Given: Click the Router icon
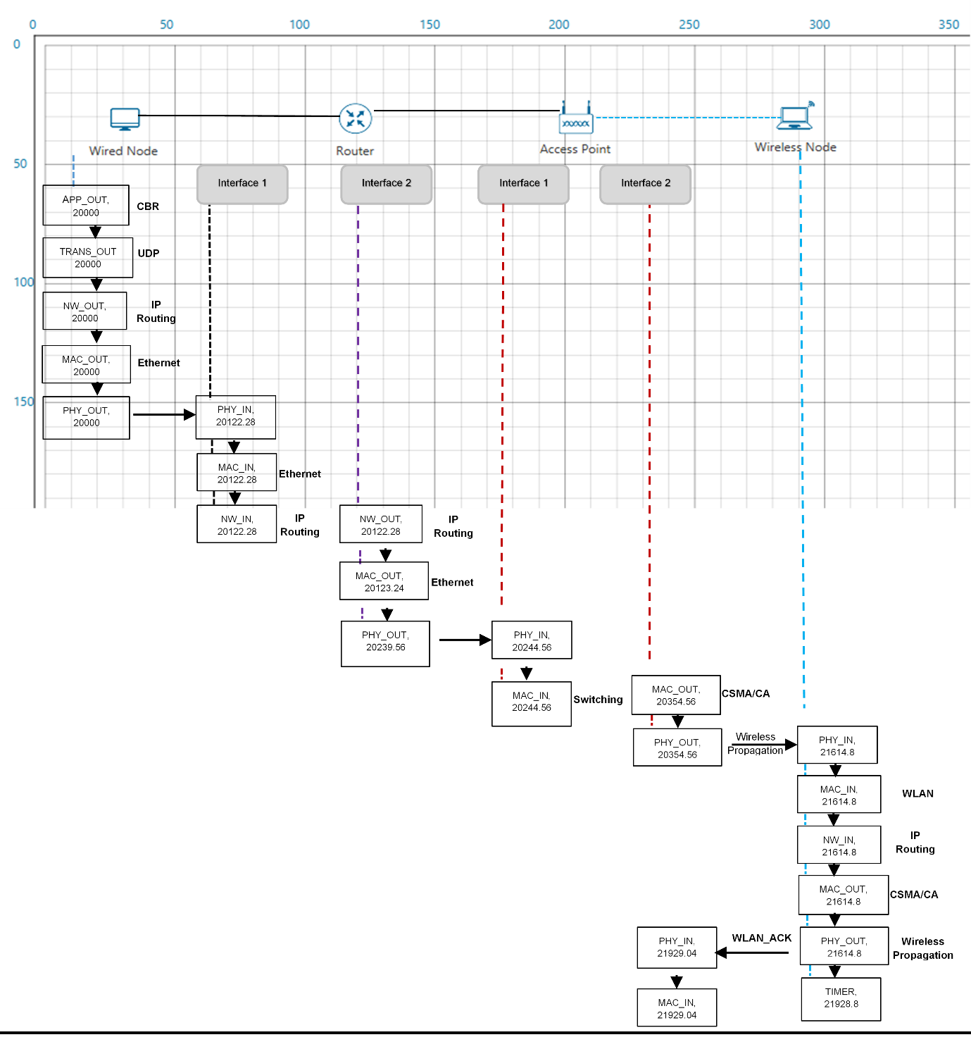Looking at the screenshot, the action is coord(356,118).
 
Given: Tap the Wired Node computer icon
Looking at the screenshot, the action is coord(125,119).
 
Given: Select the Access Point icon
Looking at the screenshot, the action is coord(576,117).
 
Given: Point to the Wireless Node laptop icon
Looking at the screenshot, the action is coord(795,116).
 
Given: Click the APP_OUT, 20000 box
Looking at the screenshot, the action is coord(86,205).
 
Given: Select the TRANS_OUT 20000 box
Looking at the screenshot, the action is coord(88,258).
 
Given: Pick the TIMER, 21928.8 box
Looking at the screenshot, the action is coord(841,998).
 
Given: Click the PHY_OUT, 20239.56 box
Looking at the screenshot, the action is coord(386,643).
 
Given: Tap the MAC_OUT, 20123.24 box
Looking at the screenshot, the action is coord(384,581).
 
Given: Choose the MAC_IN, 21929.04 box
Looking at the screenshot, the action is coord(677,1007).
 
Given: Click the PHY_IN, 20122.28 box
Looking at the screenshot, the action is coord(236,417).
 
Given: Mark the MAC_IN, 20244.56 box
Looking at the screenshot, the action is coord(532,703).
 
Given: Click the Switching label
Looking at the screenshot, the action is coord(598,699).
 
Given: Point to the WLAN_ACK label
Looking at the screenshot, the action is coord(762,938).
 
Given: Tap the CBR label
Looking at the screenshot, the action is coord(148,206).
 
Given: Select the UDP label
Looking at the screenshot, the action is coord(149,254).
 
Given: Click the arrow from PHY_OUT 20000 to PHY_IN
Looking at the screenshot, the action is coord(164,415).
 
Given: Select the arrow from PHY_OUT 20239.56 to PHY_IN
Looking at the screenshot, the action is coord(465,640).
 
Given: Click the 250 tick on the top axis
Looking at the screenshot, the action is coord(689,25).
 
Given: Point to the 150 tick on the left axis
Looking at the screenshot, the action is coord(24,402).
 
